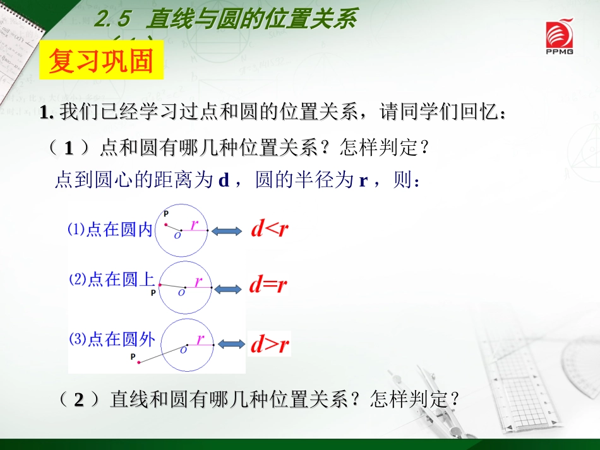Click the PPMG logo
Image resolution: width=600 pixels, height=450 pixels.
(559, 38)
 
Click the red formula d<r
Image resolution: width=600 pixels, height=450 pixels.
(269, 229)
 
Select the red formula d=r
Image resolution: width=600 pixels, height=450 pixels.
(268, 285)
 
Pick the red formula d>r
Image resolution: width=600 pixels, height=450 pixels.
(270, 345)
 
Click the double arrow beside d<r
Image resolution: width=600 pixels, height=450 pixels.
(226, 232)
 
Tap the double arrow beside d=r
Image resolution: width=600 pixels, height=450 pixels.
(227, 288)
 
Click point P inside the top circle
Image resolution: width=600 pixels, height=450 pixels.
(166, 224)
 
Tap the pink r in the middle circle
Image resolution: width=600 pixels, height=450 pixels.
(198, 281)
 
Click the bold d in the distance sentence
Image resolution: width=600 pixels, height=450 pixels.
(222, 181)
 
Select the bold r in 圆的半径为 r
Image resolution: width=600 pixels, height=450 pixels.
(363, 181)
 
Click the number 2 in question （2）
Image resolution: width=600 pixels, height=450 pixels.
(79, 400)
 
